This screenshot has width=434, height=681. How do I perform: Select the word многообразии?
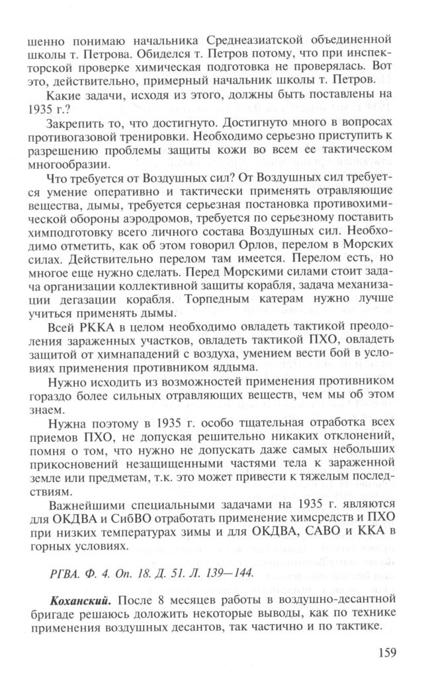click(x=84, y=170)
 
